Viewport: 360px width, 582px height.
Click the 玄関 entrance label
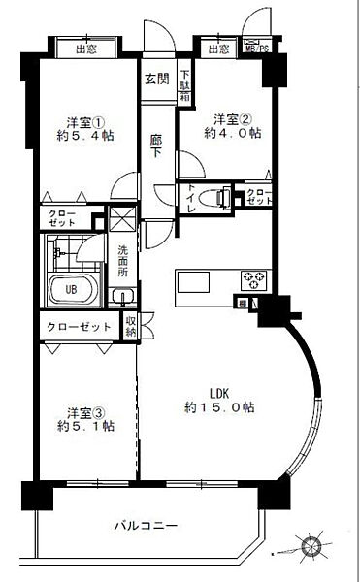pos(157,79)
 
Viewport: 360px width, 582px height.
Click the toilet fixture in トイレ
pos(219,197)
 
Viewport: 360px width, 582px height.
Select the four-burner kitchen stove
pos(256,281)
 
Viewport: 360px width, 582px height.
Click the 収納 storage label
pos(131,326)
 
